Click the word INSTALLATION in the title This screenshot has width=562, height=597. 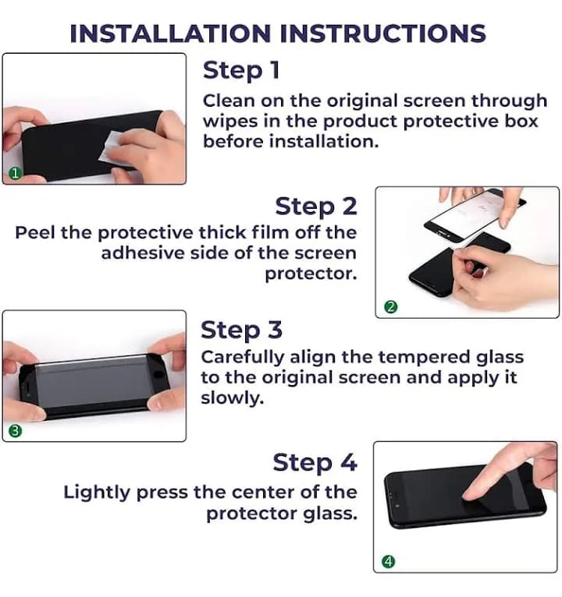tap(170, 34)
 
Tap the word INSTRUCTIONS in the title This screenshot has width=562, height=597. tap(382, 34)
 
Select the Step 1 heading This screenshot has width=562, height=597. tap(241, 70)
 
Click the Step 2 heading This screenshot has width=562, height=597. tap(316, 207)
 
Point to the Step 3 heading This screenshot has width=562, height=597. tap(241, 330)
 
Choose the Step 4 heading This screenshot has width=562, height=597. tap(315, 463)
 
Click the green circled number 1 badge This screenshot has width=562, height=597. tap(15, 174)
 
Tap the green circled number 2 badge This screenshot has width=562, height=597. tap(391, 307)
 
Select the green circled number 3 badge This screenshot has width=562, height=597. tap(15, 431)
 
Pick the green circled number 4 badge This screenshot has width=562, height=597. tap(389, 561)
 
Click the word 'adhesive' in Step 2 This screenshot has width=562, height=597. tap(143, 253)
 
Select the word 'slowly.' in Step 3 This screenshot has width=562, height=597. tap(232, 398)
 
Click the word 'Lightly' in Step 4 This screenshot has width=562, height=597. tap(97, 493)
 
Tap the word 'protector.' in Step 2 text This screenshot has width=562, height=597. tap(311, 274)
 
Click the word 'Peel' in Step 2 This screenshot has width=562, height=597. tap(34, 232)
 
